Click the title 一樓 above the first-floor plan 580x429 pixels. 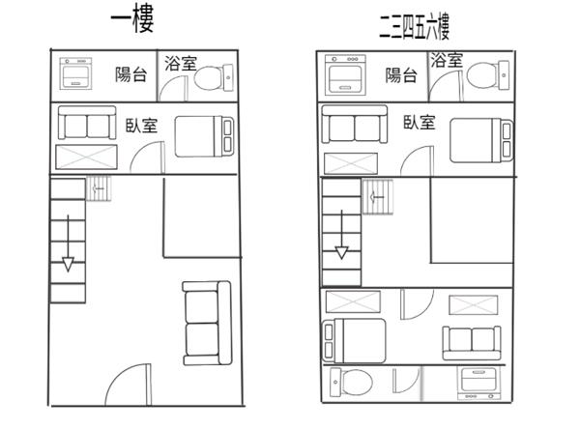coord(132,19)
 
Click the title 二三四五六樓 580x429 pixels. coord(415,27)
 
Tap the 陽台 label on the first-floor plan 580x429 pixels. coord(131,74)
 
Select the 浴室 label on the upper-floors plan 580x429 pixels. coord(447,60)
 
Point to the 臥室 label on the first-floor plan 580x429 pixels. coord(142,126)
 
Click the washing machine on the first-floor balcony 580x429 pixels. coord(75,73)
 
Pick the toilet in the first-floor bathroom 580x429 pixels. coord(214,77)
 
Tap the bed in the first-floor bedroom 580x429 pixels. coord(205,136)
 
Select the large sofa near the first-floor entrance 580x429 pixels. coord(207,324)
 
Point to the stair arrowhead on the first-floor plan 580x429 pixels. coord(68,265)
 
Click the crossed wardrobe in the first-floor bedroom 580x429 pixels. coord(87,157)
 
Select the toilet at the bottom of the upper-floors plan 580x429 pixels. coord(352,382)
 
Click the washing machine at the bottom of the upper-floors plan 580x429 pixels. coord(479,384)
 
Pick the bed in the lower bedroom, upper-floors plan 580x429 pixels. coord(355,341)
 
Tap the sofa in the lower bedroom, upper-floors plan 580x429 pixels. coord(472,343)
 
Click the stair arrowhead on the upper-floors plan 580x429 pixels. coord(342,252)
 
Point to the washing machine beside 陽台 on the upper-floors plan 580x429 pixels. coord(345,74)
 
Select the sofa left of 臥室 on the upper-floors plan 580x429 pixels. coord(355,124)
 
